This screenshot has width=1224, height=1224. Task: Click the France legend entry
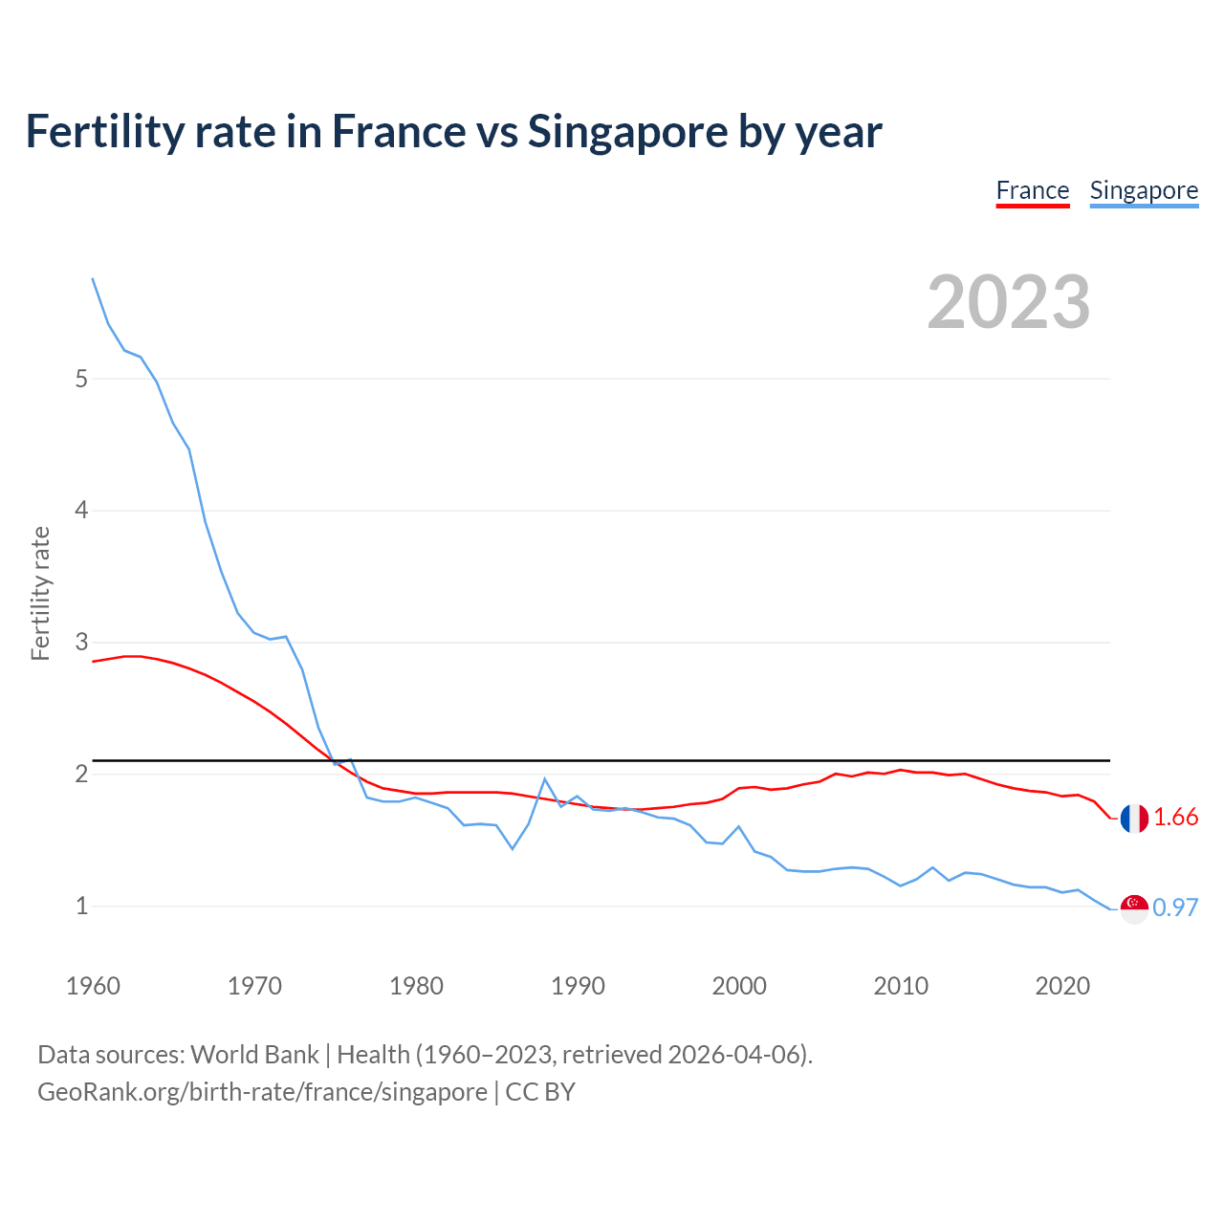click(1032, 190)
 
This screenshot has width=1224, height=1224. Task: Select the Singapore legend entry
click(1144, 190)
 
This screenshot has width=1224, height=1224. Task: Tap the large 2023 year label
click(1008, 302)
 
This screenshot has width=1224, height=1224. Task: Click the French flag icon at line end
click(1134, 819)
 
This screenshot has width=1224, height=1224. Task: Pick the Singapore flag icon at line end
click(1134, 908)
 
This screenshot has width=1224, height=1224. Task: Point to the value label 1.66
click(1175, 818)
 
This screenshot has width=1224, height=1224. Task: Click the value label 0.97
click(1175, 907)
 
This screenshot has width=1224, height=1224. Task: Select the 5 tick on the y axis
click(81, 379)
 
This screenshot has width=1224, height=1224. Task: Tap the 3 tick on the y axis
click(81, 642)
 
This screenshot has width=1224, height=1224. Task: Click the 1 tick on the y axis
click(81, 906)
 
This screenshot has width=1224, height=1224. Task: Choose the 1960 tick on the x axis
click(93, 986)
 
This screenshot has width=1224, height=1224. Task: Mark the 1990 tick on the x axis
click(578, 986)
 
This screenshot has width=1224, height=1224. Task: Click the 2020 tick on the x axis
click(1062, 986)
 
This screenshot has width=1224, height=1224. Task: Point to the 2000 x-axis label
click(739, 986)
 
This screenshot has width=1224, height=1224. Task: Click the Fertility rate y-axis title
click(40, 593)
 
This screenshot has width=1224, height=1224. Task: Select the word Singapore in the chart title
click(626, 131)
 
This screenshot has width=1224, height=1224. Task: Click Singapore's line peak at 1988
click(544, 779)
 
